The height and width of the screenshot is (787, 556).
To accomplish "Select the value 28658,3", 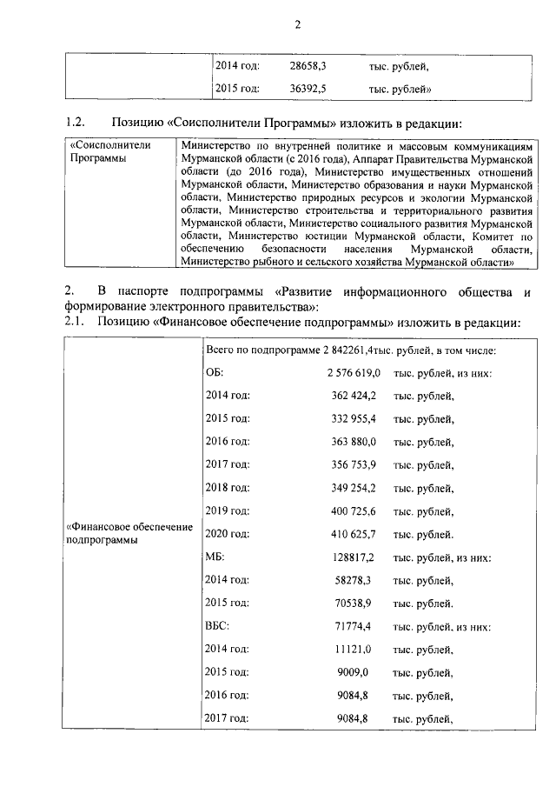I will (x=308, y=65).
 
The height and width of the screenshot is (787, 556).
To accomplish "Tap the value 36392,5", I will (x=308, y=89).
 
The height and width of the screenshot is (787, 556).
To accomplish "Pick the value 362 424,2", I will (x=355, y=397).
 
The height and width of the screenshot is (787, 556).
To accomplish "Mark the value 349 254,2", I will (x=355, y=489).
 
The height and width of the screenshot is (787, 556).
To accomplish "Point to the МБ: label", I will (x=215, y=557).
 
